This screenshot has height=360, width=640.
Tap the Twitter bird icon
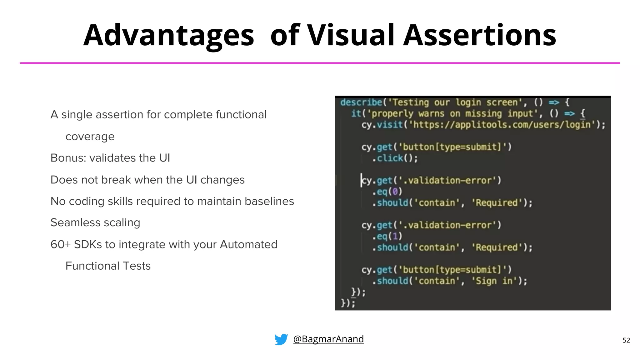(x=281, y=339)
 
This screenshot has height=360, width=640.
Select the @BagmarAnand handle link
(x=328, y=339)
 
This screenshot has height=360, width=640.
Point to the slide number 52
(x=626, y=340)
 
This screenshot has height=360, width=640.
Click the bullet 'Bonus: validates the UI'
(x=110, y=158)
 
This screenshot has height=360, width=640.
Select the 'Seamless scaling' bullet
(x=95, y=223)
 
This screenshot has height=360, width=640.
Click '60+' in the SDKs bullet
(x=61, y=244)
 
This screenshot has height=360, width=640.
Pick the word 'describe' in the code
(x=361, y=102)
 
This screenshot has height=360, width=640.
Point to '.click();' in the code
(x=395, y=158)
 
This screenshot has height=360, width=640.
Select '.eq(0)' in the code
(x=387, y=192)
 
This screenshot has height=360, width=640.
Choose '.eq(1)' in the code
(x=387, y=236)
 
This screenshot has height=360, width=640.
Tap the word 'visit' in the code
(x=390, y=125)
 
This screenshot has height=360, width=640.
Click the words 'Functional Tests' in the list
(x=108, y=266)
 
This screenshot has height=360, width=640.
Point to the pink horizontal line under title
(x=320, y=63)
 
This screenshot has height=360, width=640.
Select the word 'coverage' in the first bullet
(x=90, y=137)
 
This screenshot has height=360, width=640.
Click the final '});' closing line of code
(x=348, y=303)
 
